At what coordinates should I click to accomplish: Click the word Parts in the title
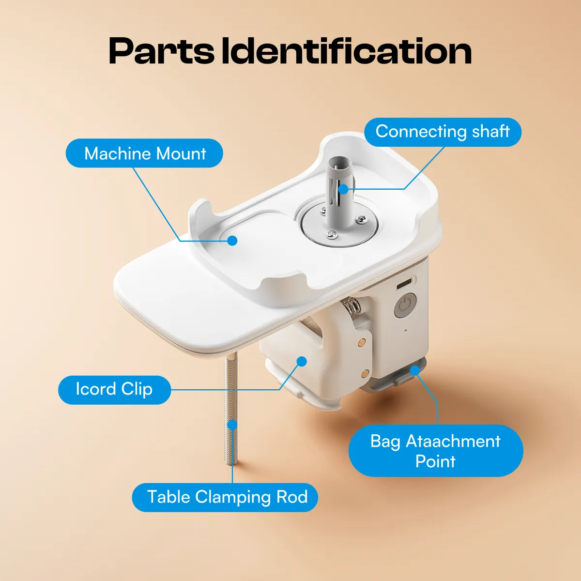(161, 51)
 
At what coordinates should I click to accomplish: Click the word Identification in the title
(347, 51)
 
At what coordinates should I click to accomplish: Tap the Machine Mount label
(144, 153)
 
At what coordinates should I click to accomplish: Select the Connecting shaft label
(443, 132)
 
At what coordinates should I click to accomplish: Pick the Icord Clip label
(114, 389)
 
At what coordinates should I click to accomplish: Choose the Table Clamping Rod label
(225, 497)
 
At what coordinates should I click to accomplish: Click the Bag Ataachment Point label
(435, 450)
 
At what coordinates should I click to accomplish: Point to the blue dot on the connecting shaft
(343, 189)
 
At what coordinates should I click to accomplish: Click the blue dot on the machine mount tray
(233, 240)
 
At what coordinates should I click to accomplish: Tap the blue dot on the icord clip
(302, 361)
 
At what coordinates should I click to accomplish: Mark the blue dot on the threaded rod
(233, 425)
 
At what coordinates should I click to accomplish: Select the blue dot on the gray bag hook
(415, 370)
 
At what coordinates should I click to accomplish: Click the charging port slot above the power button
(405, 283)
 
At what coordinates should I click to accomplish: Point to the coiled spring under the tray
(352, 306)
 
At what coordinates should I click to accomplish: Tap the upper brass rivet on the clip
(361, 342)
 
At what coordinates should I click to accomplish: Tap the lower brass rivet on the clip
(365, 373)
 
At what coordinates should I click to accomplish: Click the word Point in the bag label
(435, 461)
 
